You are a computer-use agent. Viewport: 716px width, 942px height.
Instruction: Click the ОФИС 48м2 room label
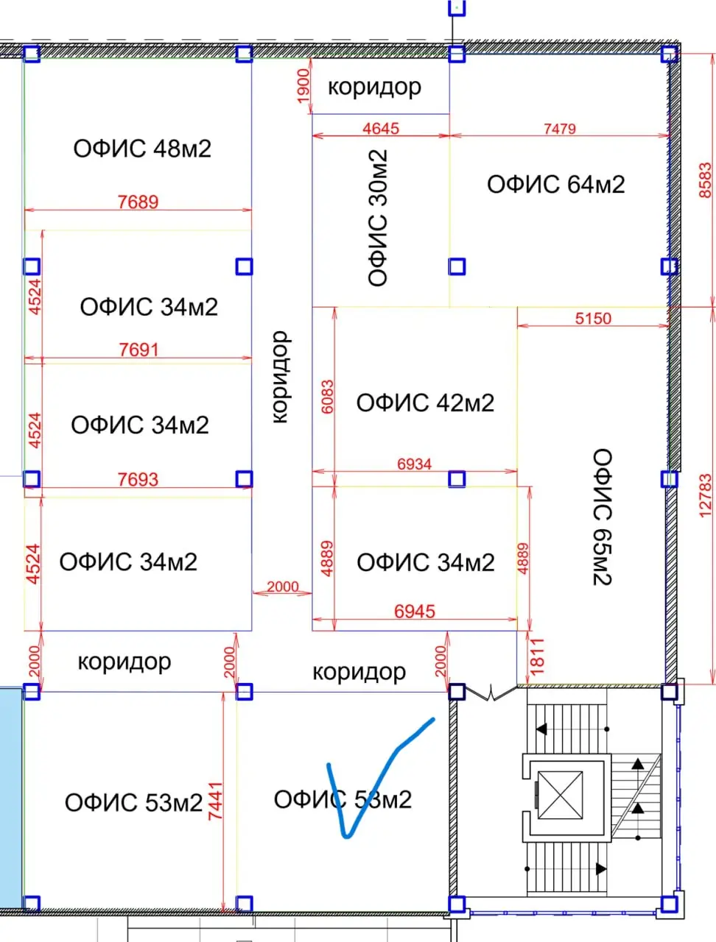pyautogui.click(x=142, y=149)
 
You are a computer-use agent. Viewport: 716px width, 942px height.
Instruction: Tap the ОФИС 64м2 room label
pyautogui.click(x=556, y=184)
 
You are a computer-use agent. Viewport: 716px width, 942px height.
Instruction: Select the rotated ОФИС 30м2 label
pyautogui.click(x=378, y=218)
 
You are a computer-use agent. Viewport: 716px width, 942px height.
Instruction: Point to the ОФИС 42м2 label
pyautogui.click(x=425, y=403)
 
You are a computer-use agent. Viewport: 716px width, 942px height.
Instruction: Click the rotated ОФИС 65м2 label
pyautogui.click(x=602, y=517)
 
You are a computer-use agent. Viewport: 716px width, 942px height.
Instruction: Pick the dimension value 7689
pyautogui.click(x=138, y=202)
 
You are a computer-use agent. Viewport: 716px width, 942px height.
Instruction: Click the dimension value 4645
pyautogui.click(x=381, y=128)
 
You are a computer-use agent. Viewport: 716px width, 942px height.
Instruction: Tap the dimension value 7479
pyautogui.click(x=560, y=129)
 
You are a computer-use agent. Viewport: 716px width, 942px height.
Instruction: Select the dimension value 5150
pyautogui.click(x=593, y=319)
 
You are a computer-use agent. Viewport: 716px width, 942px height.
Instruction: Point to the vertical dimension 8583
pyautogui.click(x=705, y=180)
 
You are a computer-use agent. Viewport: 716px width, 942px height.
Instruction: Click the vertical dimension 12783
pyautogui.click(x=705, y=496)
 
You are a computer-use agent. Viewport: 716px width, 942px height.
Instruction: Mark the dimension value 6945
pyautogui.click(x=415, y=612)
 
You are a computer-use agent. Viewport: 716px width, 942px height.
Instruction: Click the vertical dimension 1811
pyautogui.click(x=538, y=656)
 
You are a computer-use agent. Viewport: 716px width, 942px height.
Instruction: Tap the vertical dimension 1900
pyautogui.click(x=303, y=86)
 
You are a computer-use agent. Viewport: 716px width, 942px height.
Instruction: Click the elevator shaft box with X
pyautogui.click(x=560, y=796)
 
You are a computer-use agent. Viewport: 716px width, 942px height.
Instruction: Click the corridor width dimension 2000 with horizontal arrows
pyautogui.click(x=283, y=587)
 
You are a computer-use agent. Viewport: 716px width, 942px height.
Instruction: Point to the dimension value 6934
pyautogui.click(x=415, y=464)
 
